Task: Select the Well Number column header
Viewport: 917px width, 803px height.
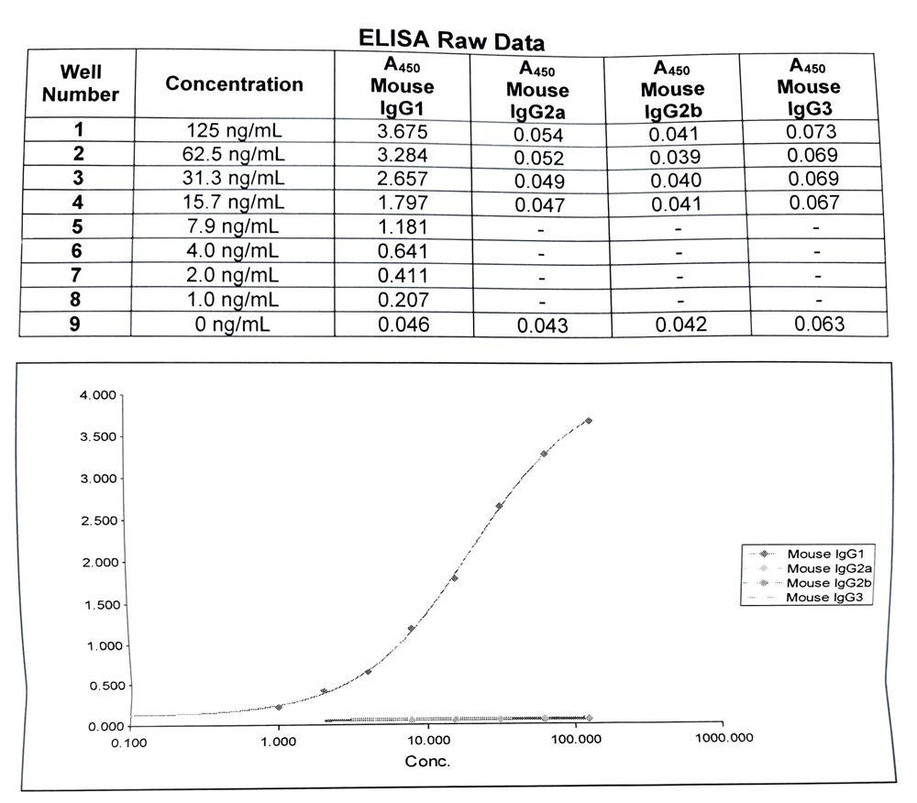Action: point(82,82)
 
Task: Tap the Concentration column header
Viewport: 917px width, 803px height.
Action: point(234,84)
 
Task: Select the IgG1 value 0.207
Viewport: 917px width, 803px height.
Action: point(402,299)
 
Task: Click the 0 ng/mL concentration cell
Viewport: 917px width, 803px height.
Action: point(235,323)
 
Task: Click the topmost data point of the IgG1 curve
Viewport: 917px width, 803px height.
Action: point(589,421)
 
